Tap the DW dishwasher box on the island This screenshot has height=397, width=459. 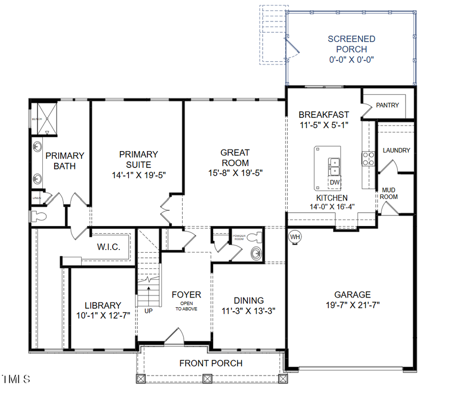[335, 182]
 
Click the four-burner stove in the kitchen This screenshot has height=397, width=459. [368, 159]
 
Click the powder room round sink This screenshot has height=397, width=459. [256, 253]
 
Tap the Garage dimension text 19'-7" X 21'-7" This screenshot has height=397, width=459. [352, 305]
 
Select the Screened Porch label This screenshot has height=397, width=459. [351, 44]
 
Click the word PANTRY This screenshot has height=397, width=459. [387, 105]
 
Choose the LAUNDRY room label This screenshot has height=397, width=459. [396, 150]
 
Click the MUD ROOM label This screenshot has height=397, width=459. [390, 193]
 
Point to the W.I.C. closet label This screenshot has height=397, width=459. [109, 247]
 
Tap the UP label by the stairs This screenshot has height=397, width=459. [148, 310]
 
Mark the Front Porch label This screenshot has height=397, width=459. [211, 363]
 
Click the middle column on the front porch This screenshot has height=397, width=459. [207, 379]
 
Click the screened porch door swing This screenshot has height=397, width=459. [292, 49]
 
